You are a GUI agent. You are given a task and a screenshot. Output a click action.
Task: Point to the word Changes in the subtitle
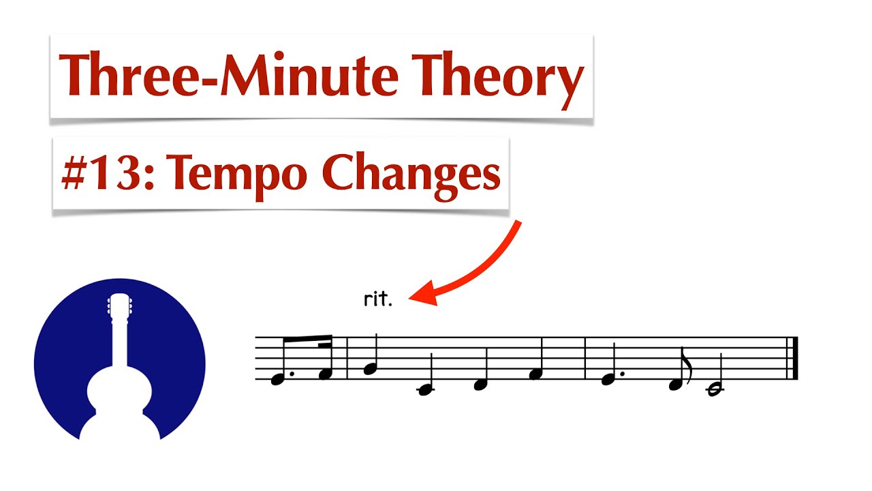(x=411, y=175)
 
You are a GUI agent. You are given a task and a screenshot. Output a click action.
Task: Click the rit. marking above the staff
(x=378, y=300)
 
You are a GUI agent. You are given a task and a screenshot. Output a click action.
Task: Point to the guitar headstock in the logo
(x=120, y=307)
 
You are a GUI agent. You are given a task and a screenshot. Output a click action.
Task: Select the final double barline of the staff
(x=792, y=358)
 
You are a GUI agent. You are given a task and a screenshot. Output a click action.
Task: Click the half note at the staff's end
(x=714, y=389)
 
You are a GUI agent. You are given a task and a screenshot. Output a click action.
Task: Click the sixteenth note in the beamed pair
(x=325, y=373)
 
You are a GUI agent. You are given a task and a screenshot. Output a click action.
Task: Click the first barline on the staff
(x=347, y=358)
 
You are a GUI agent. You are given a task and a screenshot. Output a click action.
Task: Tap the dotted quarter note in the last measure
(x=608, y=379)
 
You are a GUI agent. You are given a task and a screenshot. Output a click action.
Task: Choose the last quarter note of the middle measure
(x=535, y=373)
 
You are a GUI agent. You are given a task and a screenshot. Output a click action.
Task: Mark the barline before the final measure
(x=586, y=358)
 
